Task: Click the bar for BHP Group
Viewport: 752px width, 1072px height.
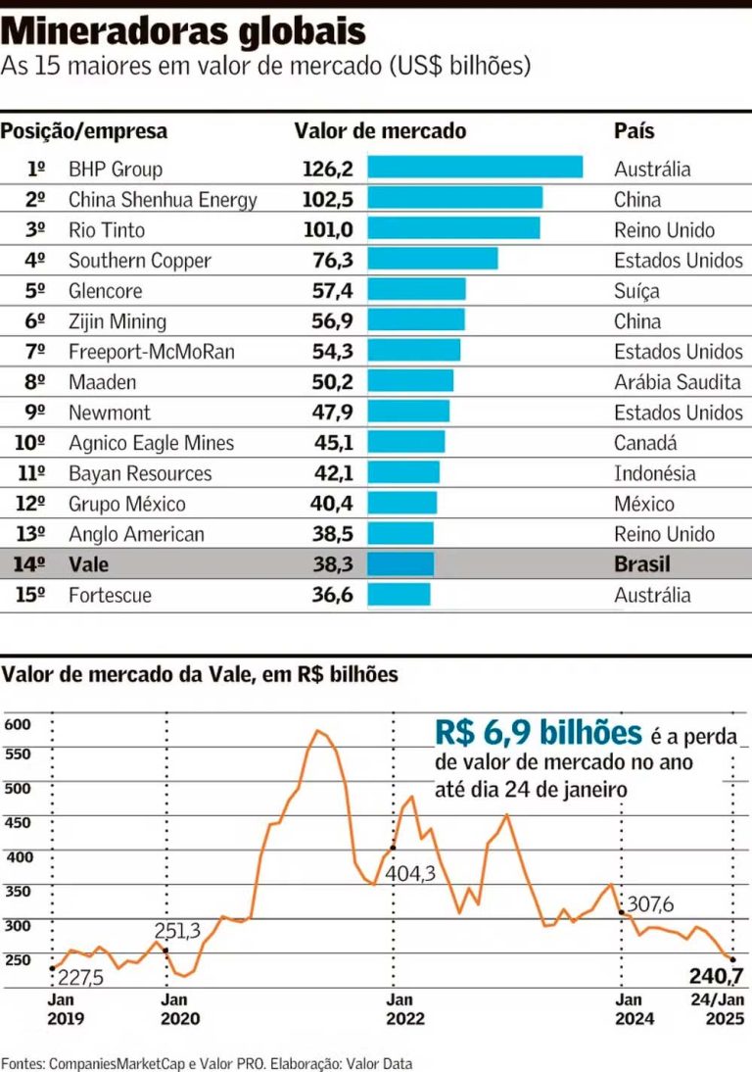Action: click(475, 169)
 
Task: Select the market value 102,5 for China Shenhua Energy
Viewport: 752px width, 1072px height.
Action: click(327, 200)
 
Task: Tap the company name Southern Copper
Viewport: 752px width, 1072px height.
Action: click(140, 261)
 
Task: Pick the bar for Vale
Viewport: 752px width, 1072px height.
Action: click(400, 564)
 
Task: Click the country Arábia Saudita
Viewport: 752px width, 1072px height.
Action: click(678, 382)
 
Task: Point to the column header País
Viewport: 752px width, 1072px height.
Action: click(634, 130)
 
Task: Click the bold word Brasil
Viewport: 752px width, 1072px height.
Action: click(643, 564)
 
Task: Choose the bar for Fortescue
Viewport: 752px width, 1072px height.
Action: click(399, 595)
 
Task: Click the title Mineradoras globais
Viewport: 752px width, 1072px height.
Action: click(183, 31)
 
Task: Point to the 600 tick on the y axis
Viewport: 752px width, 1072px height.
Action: click(19, 724)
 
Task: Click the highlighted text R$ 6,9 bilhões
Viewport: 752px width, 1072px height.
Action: click(539, 733)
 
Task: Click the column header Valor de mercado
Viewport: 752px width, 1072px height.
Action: click(380, 130)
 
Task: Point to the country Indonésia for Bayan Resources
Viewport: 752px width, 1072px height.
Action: click(655, 473)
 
